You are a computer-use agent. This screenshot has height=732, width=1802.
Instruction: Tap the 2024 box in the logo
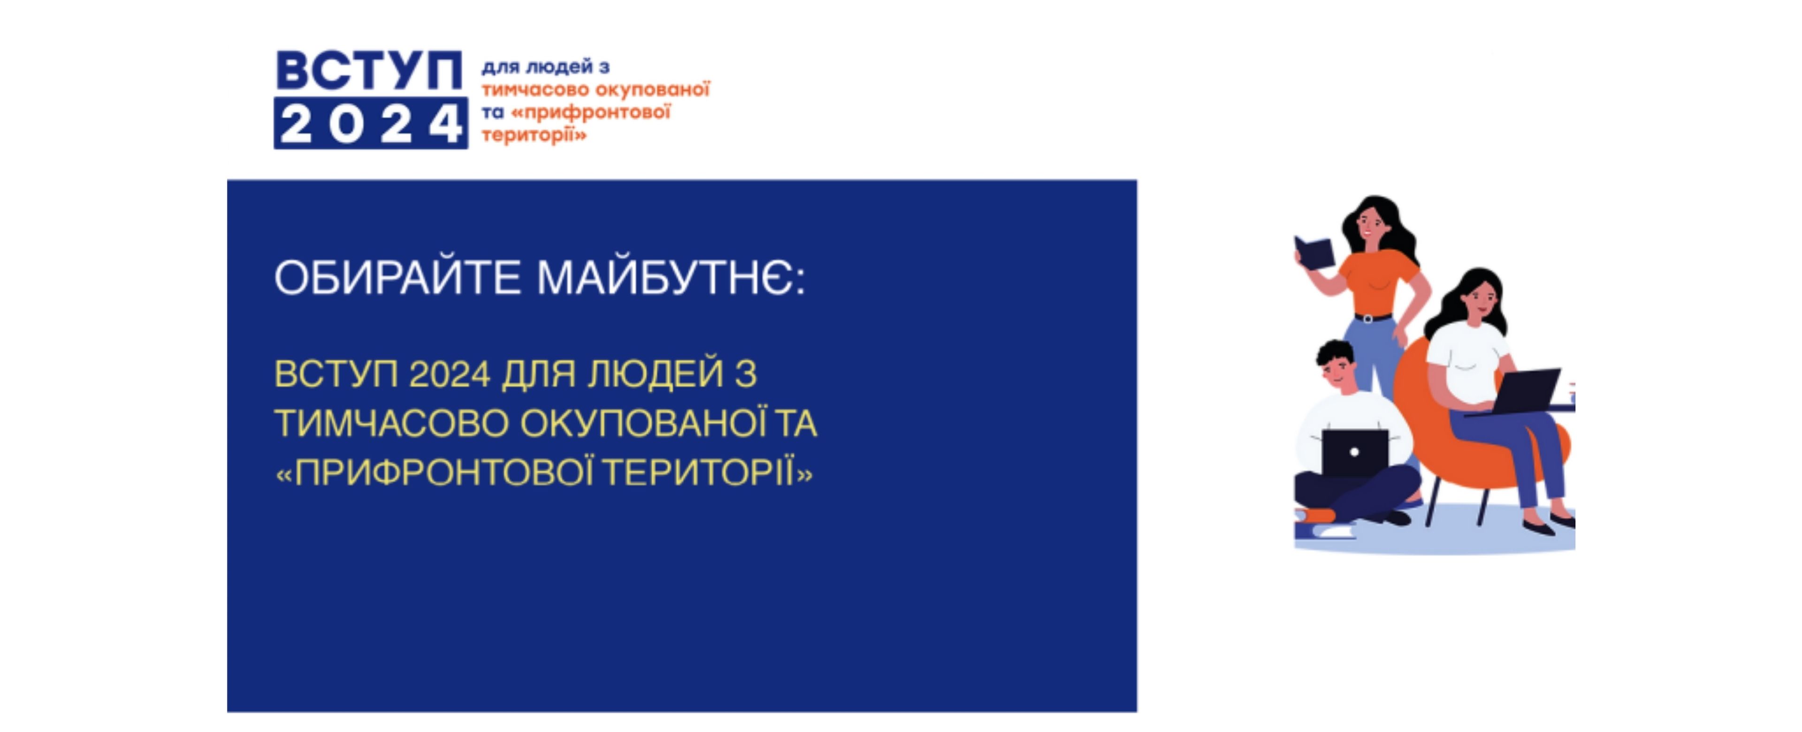pyautogui.click(x=371, y=123)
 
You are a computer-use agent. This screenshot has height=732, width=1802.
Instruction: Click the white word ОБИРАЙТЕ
pyautogui.click(x=398, y=278)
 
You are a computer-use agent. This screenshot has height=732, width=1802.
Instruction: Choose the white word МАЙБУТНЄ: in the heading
pyautogui.click(x=672, y=278)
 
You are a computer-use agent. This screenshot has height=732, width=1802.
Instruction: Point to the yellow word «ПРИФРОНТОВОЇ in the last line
pyautogui.click(x=435, y=473)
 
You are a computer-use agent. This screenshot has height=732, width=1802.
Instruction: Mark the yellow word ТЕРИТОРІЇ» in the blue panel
pyautogui.click(x=708, y=473)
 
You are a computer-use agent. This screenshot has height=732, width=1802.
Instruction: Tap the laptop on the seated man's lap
pyautogui.click(x=1354, y=453)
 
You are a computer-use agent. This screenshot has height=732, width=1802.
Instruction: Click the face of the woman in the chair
pyautogui.click(x=1480, y=299)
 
